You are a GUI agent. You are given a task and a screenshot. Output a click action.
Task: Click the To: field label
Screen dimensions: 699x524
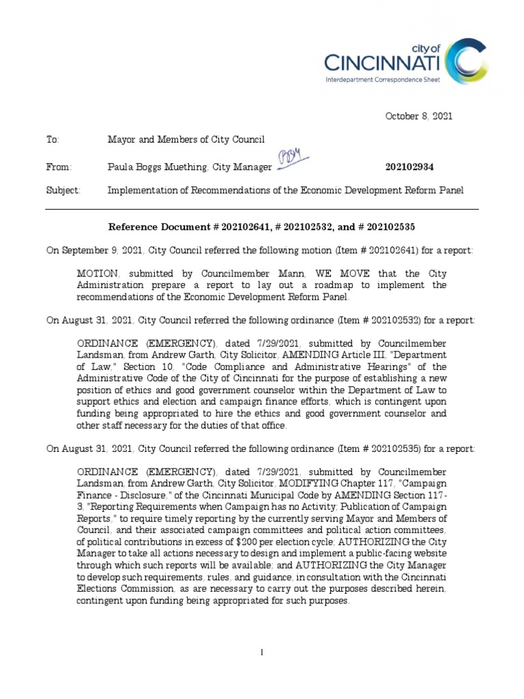click(x=53, y=140)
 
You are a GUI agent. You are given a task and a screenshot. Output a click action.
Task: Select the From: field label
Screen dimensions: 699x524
click(x=58, y=167)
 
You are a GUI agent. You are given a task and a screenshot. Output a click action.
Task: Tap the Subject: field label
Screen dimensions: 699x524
click(x=63, y=190)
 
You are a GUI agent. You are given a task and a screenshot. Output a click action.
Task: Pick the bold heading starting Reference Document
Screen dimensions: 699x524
click(x=262, y=227)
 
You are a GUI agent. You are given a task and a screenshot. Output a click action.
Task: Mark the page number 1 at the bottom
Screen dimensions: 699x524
click(x=262, y=653)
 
